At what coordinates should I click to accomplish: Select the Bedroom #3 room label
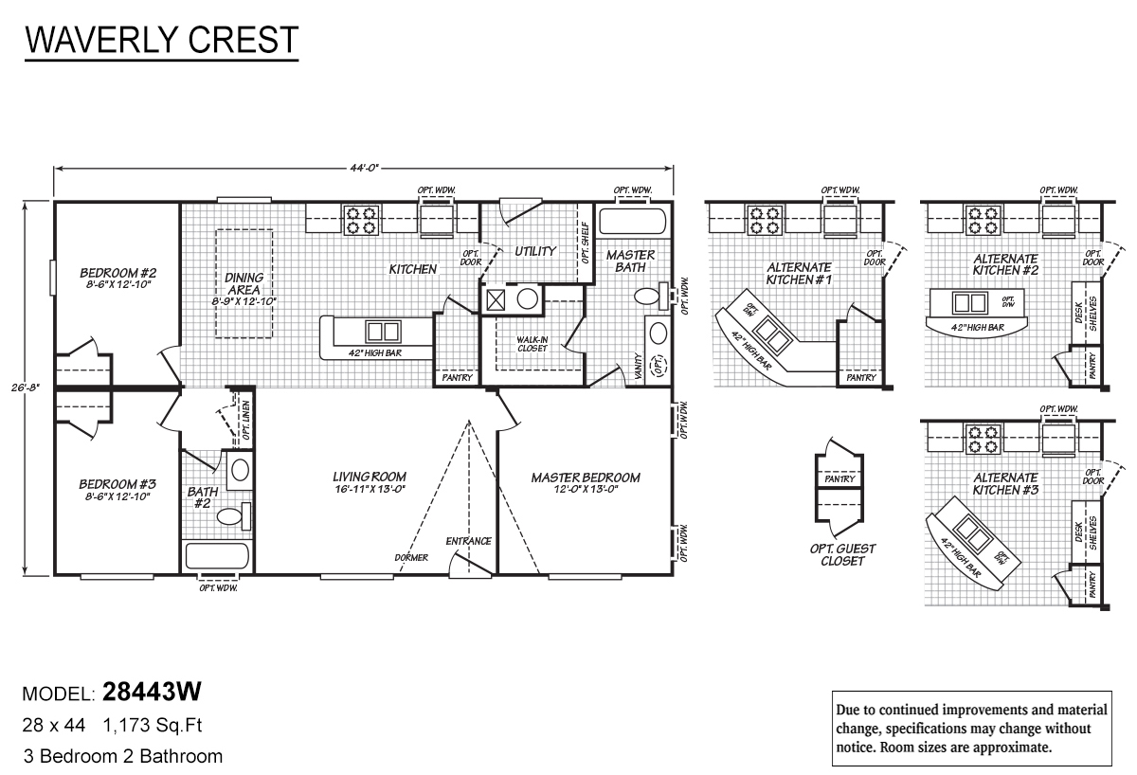(x=115, y=489)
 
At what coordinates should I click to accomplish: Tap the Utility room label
(x=535, y=251)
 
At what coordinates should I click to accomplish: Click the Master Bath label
(x=630, y=261)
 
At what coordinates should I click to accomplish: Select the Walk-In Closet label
(x=533, y=343)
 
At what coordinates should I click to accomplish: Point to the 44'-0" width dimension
(x=364, y=169)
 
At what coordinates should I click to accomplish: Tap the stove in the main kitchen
(x=361, y=220)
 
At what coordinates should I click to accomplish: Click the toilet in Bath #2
(x=230, y=516)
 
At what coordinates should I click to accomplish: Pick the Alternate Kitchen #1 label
(x=799, y=274)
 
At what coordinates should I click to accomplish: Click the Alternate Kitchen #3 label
(x=1005, y=484)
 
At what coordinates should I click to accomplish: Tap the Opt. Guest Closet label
(x=842, y=554)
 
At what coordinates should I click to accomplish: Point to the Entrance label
(x=469, y=541)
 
